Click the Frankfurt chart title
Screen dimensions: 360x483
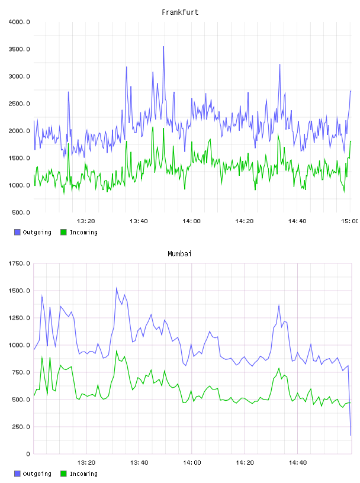pyautogui.click(x=180, y=12)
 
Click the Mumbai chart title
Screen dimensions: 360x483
pyautogui.click(x=179, y=254)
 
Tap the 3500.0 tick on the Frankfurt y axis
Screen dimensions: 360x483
pyautogui.click(x=19, y=49)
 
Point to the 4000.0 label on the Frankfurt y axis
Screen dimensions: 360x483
pyautogui.click(x=19, y=22)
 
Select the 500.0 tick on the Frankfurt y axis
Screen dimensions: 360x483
pyautogui.click(x=21, y=212)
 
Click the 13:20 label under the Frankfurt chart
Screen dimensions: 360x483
pyautogui.click(x=86, y=221)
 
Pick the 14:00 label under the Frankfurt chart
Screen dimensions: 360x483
pyautogui.click(x=191, y=221)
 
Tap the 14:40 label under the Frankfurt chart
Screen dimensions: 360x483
pyautogui.click(x=297, y=221)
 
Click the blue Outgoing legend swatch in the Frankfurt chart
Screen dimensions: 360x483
pyautogui.click(x=17, y=232)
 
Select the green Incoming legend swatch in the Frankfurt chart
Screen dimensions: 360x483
pyautogui.click(x=63, y=232)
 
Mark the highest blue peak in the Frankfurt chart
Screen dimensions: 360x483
pyautogui.click(x=163, y=47)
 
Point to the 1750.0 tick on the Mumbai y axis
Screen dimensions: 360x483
pyautogui.click(x=19, y=263)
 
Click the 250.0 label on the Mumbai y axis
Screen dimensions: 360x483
pyautogui.click(x=21, y=427)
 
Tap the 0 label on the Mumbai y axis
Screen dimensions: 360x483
pyautogui.click(x=28, y=454)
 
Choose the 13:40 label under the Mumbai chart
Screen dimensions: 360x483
pyautogui.click(x=139, y=463)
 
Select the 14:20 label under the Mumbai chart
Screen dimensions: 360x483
pyautogui.click(x=245, y=463)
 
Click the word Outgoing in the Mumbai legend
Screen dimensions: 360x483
pyautogui.click(x=37, y=474)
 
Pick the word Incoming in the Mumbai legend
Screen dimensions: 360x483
pyautogui.click(x=83, y=474)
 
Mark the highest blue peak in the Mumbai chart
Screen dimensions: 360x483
pyautogui.click(x=116, y=288)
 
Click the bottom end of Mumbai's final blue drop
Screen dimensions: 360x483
pyautogui.click(x=351, y=435)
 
